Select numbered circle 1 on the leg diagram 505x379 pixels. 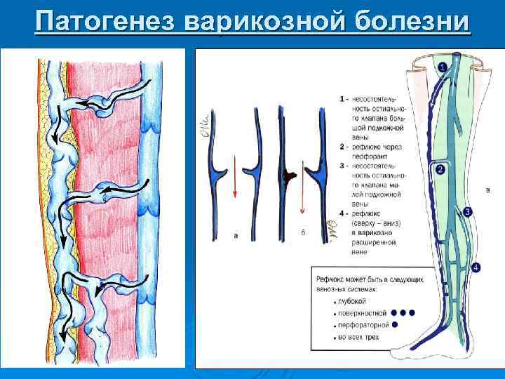[x=443, y=67]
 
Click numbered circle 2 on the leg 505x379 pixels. [x=440, y=170]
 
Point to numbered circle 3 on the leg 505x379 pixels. [x=468, y=211]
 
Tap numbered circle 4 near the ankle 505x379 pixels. [x=476, y=267]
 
